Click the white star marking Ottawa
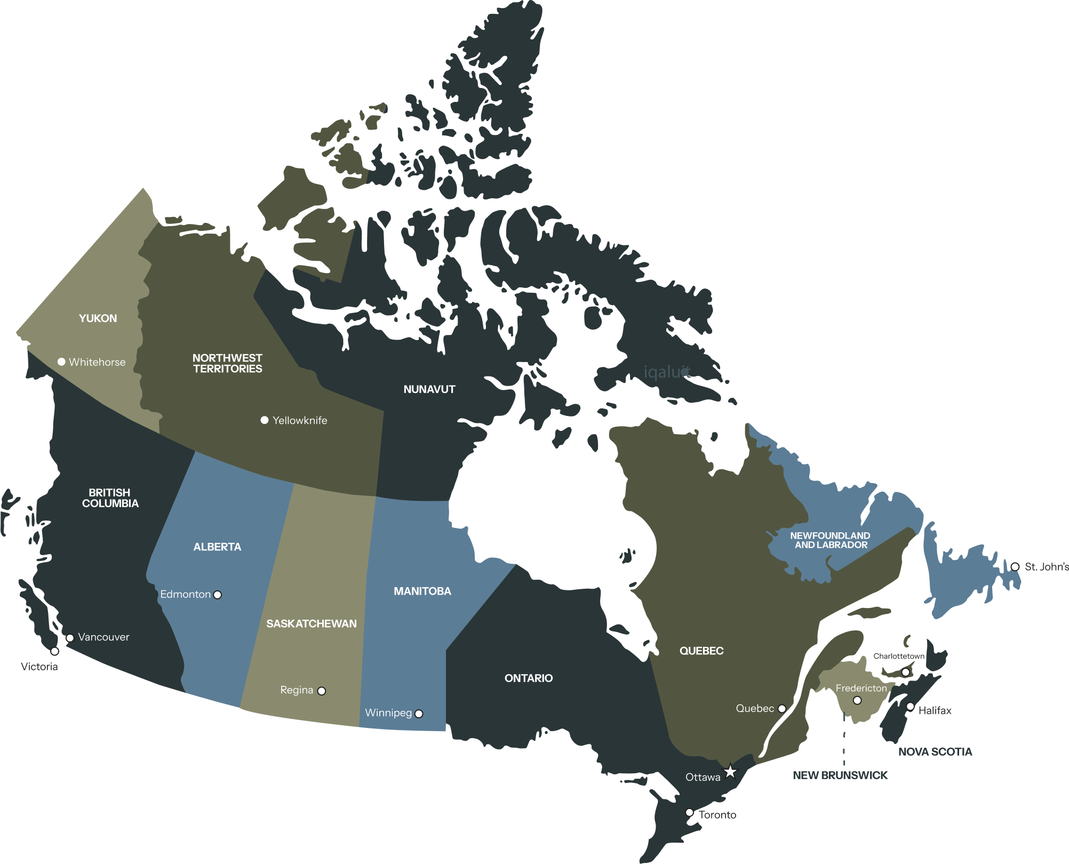tap(730, 771)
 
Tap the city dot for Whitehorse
tap(61, 362)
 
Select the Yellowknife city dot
tap(264, 420)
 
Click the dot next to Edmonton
tap(218, 595)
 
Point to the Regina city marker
tap(322, 691)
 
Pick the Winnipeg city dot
tap(419, 714)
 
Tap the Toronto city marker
tap(689, 812)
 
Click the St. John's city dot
tap(1015, 566)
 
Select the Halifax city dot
tap(911, 707)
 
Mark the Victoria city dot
tap(54, 651)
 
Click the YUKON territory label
tap(98, 318)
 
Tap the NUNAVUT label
tap(429, 389)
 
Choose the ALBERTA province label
tap(217, 547)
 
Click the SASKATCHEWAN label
tap(312, 623)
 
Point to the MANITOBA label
tap(422, 591)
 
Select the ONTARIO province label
tap(529, 678)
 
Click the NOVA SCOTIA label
tap(935, 751)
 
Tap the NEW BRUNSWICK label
tap(840, 775)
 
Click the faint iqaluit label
tap(667, 372)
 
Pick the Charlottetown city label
tap(898, 656)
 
